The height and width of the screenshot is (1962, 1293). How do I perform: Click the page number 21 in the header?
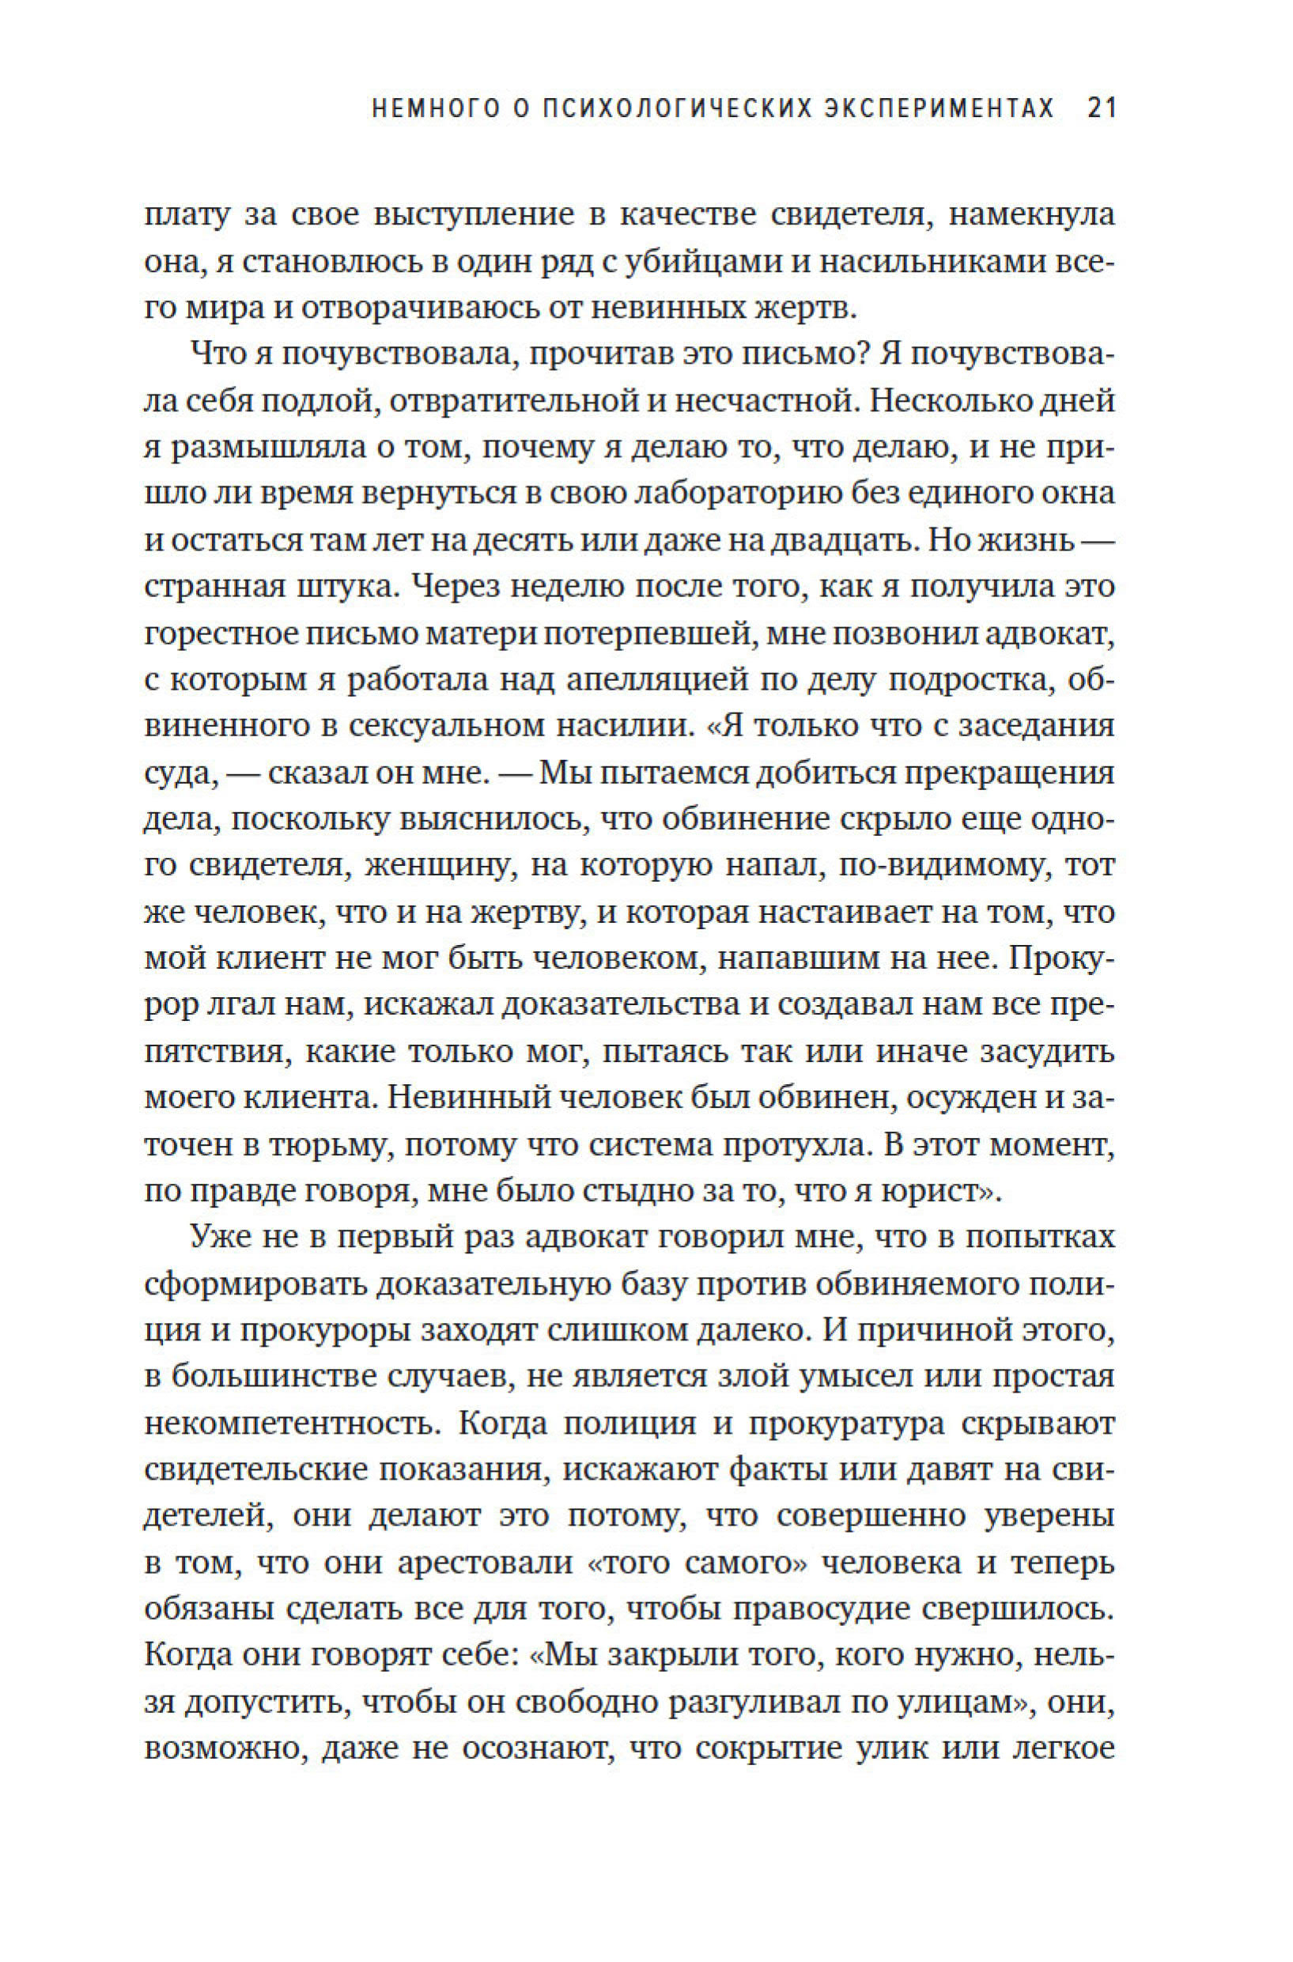pos(1101,109)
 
